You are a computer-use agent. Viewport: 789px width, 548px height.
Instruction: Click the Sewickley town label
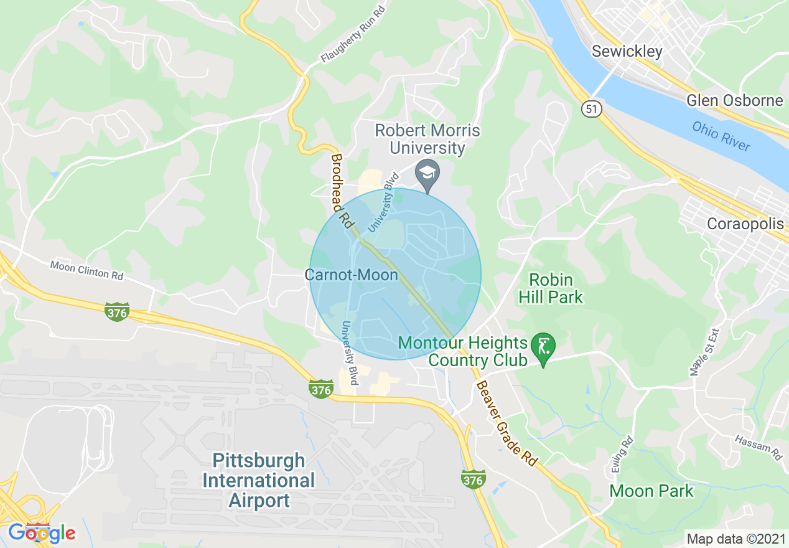click(x=627, y=51)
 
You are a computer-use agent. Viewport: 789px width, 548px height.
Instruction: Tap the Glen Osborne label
click(x=735, y=100)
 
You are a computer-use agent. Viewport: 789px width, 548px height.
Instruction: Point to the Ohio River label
click(x=721, y=136)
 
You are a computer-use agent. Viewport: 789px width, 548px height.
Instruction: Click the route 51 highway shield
click(x=592, y=109)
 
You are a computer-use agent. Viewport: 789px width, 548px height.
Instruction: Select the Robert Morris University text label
click(x=427, y=139)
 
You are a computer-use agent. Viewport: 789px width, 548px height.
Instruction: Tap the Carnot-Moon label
click(x=351, y=275)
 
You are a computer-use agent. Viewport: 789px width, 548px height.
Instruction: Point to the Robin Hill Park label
click(x=551, y=288)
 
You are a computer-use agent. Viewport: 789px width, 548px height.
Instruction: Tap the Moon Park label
click(x=651, y=491)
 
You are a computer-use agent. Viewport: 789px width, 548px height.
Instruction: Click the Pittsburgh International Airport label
click(x=259, y=480)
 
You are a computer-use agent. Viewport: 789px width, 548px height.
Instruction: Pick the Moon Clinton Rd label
click(x=86, y=270)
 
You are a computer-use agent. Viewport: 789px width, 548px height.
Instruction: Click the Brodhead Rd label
click(x=340, y=189)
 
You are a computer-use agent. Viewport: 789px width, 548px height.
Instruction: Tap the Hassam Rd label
click(x=758, y=446)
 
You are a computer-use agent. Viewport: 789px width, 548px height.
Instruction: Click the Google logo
click(x=42, y=533)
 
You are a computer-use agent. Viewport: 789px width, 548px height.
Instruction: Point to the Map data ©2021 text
click(x=735, y=538)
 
